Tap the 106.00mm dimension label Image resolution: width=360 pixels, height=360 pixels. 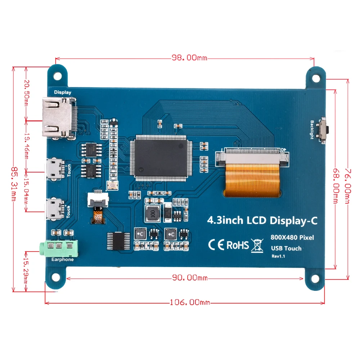(x=190, y=302)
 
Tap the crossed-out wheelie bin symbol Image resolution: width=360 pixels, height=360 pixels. (x=258, y=245)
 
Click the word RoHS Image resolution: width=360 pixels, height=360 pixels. (x=238, y=245)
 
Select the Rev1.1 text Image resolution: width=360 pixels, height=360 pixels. (x=278, y=256)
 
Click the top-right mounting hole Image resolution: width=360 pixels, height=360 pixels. (x=316, y=77)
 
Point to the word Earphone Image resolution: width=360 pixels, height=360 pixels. (x=63, y=260)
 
